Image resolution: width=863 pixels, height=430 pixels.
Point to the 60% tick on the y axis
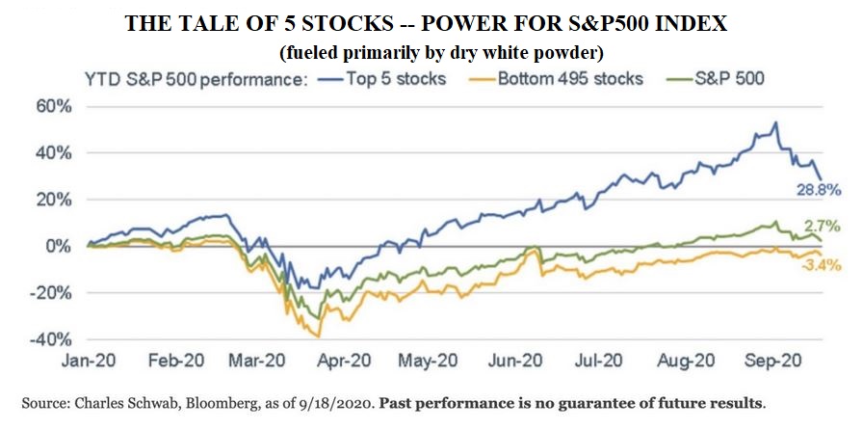point(52,106)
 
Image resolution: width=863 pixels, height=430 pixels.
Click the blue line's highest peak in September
point(775,123)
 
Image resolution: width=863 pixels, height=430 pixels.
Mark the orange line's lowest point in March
point(318,336)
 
